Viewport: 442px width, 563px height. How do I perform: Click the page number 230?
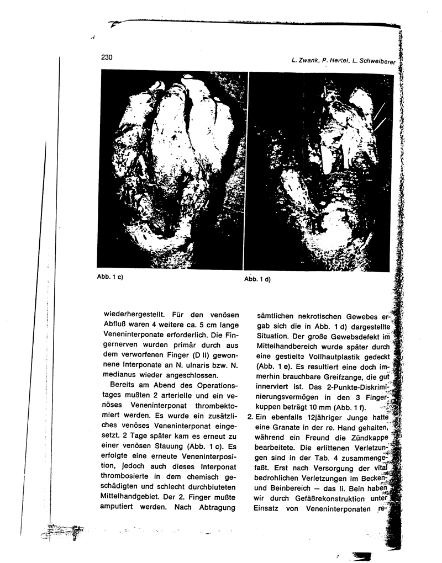coord(107,57)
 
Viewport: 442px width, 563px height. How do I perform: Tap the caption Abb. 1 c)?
coord(109,277)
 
